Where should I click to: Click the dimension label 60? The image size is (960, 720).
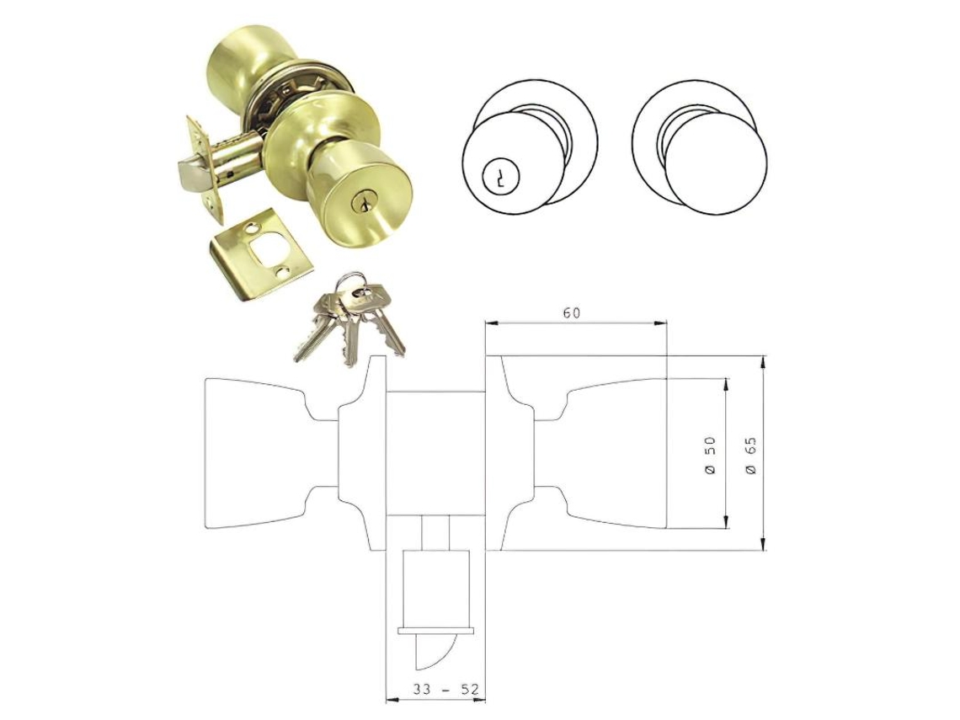point(571,313)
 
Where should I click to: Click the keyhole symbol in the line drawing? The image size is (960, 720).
point(499,177)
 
